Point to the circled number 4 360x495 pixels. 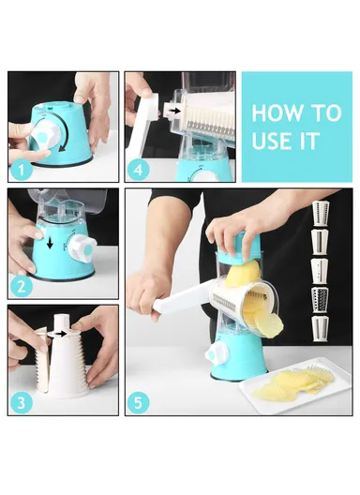click(x=139, y=171)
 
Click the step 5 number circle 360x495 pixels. click(x=140, y=405)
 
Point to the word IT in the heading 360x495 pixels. click(x=311, y=143)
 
